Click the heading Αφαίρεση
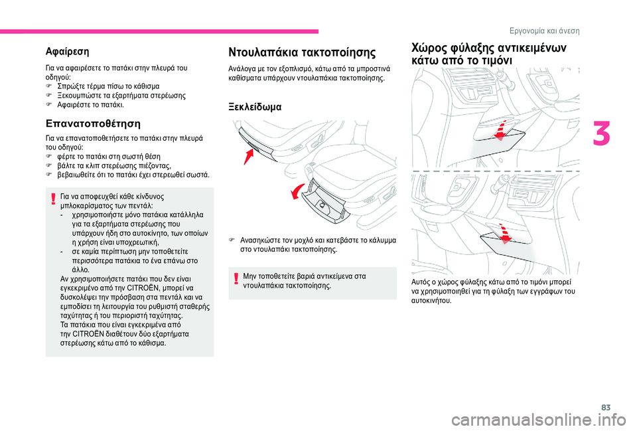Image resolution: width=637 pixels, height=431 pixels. [x=68, y=50]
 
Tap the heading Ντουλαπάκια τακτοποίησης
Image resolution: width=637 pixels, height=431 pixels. [x=302, y=52]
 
